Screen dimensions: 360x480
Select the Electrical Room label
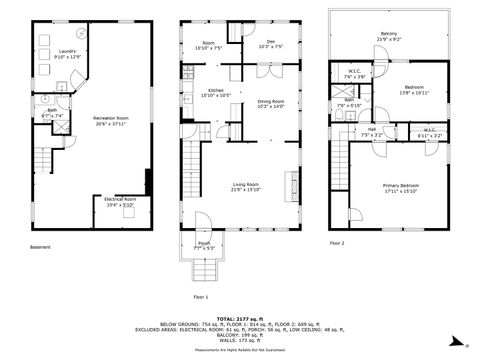120,203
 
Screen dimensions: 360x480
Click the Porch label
203,245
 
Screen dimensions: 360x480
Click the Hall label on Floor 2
371,131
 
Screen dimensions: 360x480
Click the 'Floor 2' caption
337,242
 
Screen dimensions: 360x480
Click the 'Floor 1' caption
202,296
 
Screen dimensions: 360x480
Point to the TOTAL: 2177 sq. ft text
240,316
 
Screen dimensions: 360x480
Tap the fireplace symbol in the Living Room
293,184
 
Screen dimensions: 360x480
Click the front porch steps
203,271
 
